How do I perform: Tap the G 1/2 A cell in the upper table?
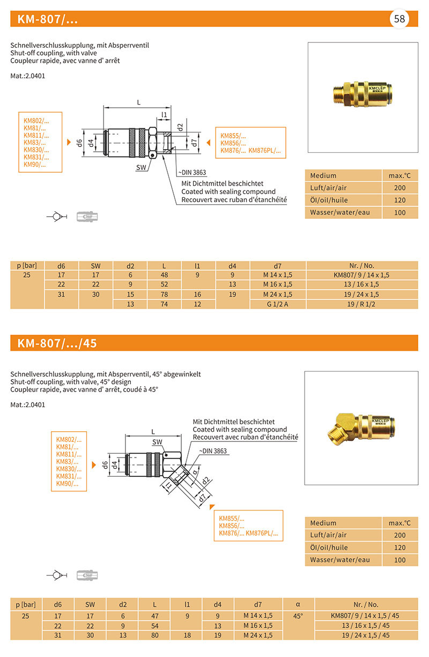pos(278,304)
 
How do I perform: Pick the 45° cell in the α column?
pos(298,616)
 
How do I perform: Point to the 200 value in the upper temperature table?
pos(400,188)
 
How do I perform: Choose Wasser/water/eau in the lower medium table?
pos(340,559)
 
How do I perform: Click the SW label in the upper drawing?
pos(141,168)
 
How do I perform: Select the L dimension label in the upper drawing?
pos(138,102)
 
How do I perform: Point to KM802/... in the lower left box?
pos(69,439)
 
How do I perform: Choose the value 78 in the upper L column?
pos(164,294)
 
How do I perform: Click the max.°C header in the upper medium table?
pos(400,175)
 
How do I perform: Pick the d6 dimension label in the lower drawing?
pos(106,464)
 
